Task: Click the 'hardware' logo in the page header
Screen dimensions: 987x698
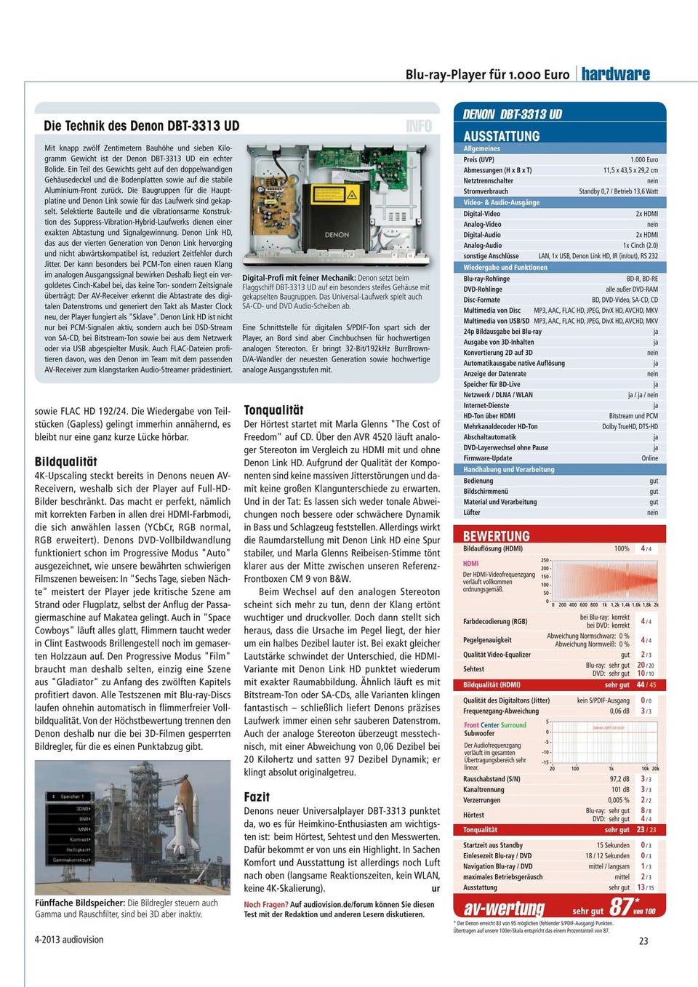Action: (x=615, y=74)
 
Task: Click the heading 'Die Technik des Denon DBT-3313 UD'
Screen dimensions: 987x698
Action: (x=141, y=126)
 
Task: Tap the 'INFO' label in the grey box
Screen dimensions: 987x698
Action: (x=419, y=126)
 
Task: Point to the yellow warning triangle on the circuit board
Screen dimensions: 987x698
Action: (x=351, y=193)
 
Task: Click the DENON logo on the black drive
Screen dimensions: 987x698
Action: (x=337, y=235)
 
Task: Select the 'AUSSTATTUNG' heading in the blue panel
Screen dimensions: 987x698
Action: (x=502, y=136)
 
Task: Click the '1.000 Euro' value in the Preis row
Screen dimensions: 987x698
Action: (x=643, y=159)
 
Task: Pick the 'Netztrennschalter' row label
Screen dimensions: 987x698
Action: (x=489, y=181)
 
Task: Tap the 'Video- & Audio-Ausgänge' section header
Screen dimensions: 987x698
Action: (x=502, y=202)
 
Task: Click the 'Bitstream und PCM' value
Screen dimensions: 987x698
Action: (x=633, y=416)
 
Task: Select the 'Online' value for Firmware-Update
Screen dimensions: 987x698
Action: (x=649, y=458)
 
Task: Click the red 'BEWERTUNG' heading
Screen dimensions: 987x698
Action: (x=497, y=536)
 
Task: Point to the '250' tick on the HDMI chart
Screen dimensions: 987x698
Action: (x=545, y=560)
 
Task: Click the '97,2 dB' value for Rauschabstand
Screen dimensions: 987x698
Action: (x=619, y=779)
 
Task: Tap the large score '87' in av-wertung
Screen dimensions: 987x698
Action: (x=621, y=906)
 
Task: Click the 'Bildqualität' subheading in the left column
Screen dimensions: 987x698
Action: (x=65, y=461)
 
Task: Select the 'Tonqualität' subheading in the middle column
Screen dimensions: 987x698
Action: (x=273, y=410)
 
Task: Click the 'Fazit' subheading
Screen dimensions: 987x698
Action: (x=257, y=796)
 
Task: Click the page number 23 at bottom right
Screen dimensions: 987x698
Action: (x=643, y=940)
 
